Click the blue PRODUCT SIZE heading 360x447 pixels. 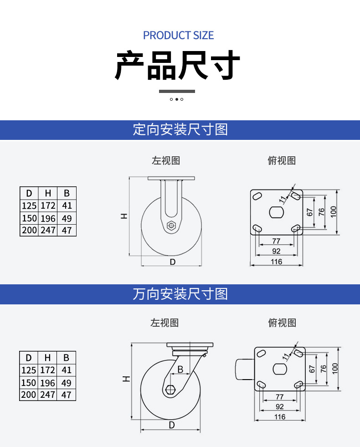(178, 36)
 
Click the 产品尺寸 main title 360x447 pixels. (177, 65)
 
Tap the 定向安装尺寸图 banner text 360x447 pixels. (180, 130)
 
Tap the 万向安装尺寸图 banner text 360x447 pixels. (180, 294)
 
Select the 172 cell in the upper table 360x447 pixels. (48, 206)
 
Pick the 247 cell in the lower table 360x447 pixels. (47, 395)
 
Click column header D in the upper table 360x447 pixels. (29, 193)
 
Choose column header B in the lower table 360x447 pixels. (66, 358)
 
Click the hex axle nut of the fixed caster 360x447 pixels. (171, 226)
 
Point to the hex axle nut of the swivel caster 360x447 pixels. (170, 389)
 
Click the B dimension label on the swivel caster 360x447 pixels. (180, 370)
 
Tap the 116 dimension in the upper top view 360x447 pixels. (276, 262)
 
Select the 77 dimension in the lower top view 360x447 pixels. (280, 396)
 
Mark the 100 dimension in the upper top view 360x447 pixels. (334, 212)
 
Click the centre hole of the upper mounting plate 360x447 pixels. (277, 212)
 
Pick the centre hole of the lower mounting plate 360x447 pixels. (280, 369)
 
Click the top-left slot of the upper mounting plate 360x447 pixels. (257, 196)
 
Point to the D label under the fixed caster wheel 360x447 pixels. (172, 262)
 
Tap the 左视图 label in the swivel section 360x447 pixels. (165, 323)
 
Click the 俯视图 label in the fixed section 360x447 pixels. (282, 160)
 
